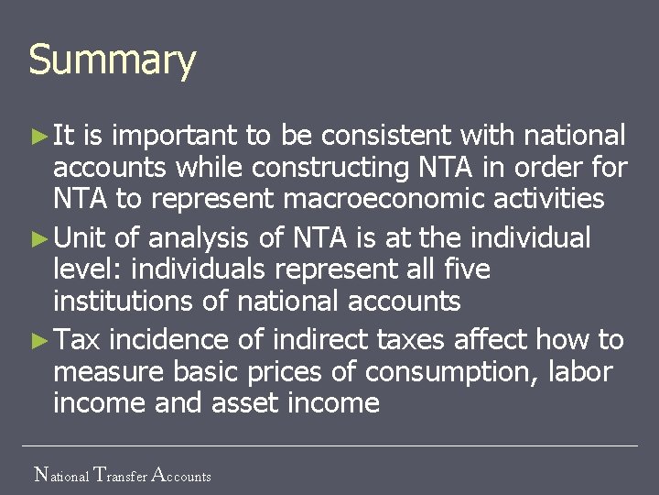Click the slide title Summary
pyautogui.click(x=112, y=60)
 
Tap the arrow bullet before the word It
pyautogui.click(x=38, y=137)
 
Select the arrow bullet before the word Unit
pyautogui.click(x=38, y=238)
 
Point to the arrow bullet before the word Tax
pyautogui.click(x=38, y=340)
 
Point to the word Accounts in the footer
pyautogui.click(x=180, y=475)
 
